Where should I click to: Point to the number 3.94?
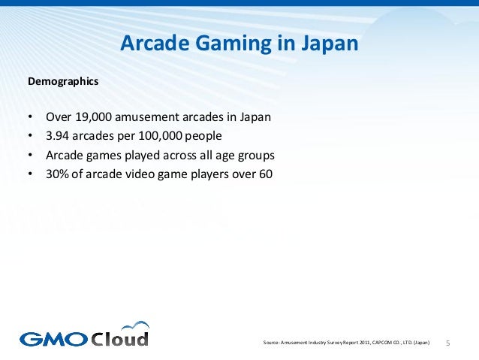click(x=58, y=137)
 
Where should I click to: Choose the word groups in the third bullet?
click(x=255, y=156)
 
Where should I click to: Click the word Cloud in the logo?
click(x=120, y=338)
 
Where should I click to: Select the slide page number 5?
click(x=448, y=343)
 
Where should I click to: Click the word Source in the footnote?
click(x=272, y=343)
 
